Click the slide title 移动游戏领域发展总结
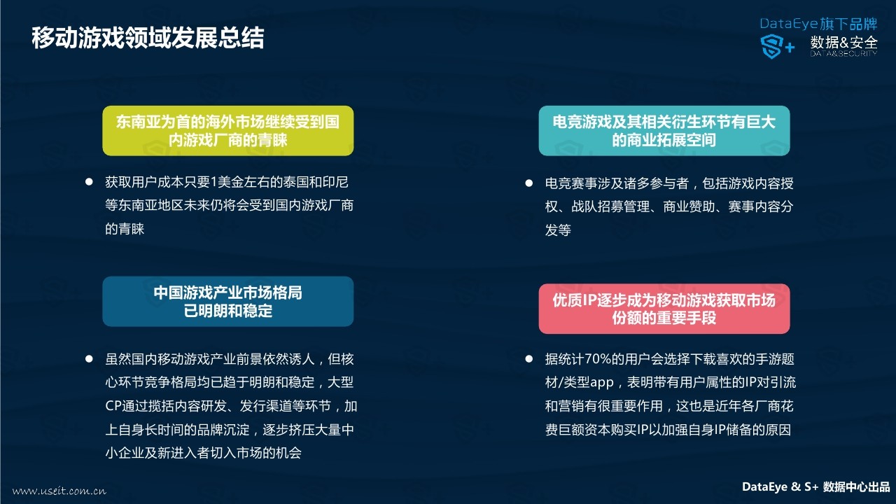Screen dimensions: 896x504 148,38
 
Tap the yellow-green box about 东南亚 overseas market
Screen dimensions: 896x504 228,131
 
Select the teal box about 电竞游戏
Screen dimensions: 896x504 664,131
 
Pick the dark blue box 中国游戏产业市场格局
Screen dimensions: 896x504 228,301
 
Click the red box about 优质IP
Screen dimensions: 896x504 664,309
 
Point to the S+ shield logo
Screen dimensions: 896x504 777,46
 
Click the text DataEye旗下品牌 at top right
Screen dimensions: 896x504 818,24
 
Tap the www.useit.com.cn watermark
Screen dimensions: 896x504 59,491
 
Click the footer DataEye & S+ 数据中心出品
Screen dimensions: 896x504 815,486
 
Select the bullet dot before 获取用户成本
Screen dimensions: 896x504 89,182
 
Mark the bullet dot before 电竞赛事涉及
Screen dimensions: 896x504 528,183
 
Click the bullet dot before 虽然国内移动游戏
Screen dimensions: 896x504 89,359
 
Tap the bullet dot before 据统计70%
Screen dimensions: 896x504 528,359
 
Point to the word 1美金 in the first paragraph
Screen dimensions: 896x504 226,183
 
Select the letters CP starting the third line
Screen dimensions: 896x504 113,406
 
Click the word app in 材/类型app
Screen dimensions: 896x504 601,383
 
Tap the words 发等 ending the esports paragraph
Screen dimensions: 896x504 558,230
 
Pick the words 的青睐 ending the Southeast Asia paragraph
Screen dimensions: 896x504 125,229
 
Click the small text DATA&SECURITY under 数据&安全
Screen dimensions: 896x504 844,54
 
